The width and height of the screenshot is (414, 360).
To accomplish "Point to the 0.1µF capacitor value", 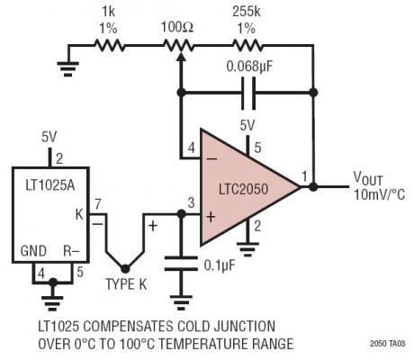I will (x=219, y=265).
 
